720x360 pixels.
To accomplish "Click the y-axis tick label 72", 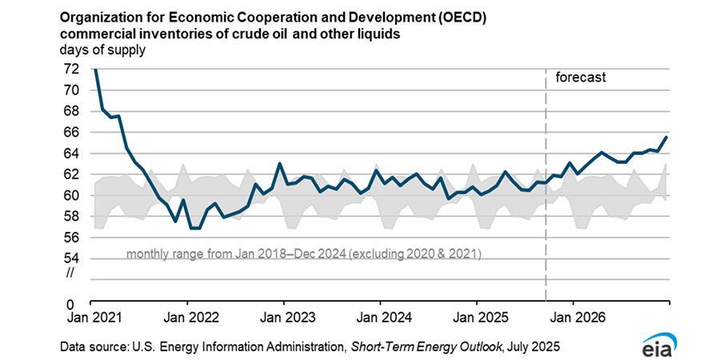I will click(x=71, y=69).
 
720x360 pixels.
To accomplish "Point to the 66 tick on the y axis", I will click(x=71, y=132).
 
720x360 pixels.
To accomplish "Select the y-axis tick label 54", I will click(x=71, y=258).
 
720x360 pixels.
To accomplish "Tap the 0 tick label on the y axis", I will click(x=74, y=305).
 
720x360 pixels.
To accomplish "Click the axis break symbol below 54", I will click(x=71, y=274).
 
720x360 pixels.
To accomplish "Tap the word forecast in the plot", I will click(x=581, y=78).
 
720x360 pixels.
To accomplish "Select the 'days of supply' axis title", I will click(x=102, y=50).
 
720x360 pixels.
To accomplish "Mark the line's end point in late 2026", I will click(x=668, y=137).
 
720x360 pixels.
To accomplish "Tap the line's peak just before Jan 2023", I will click(x=279, y=164).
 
